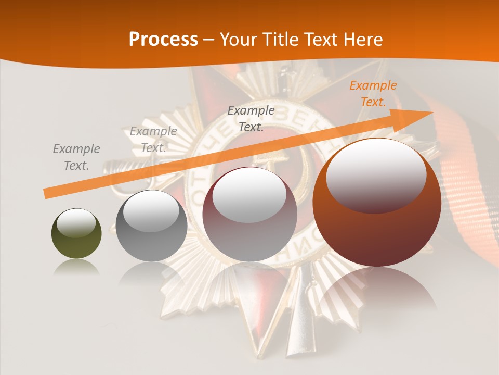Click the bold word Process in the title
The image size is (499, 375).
point(163,39)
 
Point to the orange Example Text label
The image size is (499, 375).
point(373,94)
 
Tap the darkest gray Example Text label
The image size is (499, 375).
point(251,118)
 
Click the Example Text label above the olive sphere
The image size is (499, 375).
point(76,157)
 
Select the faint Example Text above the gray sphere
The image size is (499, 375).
point(153,140)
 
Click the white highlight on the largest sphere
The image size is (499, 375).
point(376,177)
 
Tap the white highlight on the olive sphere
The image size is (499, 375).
point(76,223)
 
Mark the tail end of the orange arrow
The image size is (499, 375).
point(48,194)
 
